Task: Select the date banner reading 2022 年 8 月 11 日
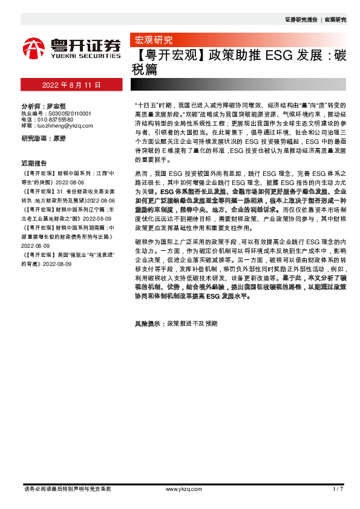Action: (71, 85)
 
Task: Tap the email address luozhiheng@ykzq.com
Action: (65, 125)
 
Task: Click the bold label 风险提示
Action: (149, 324)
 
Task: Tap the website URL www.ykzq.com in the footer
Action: (180, 488)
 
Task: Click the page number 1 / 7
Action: (338, 488)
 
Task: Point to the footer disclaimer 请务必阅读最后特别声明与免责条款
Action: (67, 488)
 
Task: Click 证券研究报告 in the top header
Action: (301, 20)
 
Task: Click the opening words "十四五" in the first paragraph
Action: (148, 105)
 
